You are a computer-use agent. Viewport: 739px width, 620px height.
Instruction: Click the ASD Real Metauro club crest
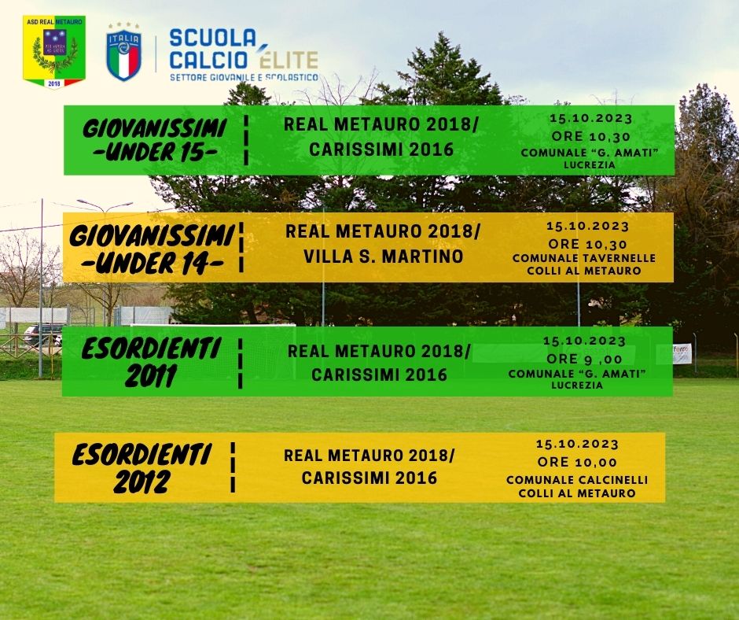(x=54, y=52)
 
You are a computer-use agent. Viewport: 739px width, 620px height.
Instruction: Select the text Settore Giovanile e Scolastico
(x=244, y=77)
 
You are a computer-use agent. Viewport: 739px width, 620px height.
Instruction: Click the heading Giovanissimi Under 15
(x=154, y=140)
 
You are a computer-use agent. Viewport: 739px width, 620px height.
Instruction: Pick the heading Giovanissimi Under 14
(x=152, y=249)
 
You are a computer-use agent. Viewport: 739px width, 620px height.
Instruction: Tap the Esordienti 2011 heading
(x=151, y=362)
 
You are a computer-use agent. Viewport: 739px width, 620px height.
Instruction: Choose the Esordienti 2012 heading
(x=142, y=467)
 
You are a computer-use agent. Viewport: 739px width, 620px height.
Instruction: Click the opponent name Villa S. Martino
(x=383, y=256)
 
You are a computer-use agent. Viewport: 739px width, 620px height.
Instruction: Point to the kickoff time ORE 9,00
(x=584, y=359)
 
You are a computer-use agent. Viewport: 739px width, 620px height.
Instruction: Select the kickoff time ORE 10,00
(x=577, y=462)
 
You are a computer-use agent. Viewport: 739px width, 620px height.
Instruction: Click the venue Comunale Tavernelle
(x=584, y=258)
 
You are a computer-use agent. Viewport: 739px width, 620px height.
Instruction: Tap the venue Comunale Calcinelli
(x=577, y=480)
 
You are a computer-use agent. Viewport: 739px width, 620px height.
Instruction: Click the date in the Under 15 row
(x=590, y=118)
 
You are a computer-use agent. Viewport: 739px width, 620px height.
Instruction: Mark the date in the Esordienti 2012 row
(x=577, y=444)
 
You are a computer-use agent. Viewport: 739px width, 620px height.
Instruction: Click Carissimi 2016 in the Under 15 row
(x=381, y=149)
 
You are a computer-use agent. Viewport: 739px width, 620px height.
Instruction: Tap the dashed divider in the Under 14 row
(x=241, y=247)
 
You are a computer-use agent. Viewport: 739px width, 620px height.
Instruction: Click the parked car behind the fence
(x=43, y=334)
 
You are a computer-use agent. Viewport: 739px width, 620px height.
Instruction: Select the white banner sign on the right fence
(x=682, y=354)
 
